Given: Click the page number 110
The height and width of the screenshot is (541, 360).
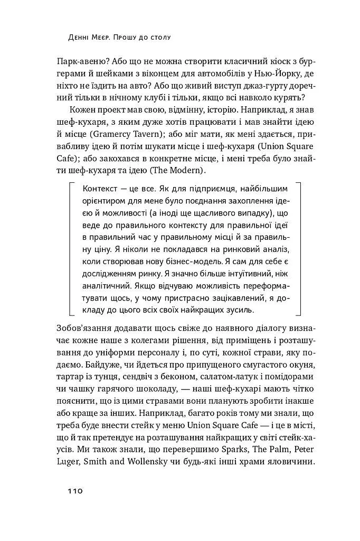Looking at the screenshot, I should tap(74, 491).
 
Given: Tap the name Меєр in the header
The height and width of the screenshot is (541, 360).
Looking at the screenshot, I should tap(106, 38).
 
